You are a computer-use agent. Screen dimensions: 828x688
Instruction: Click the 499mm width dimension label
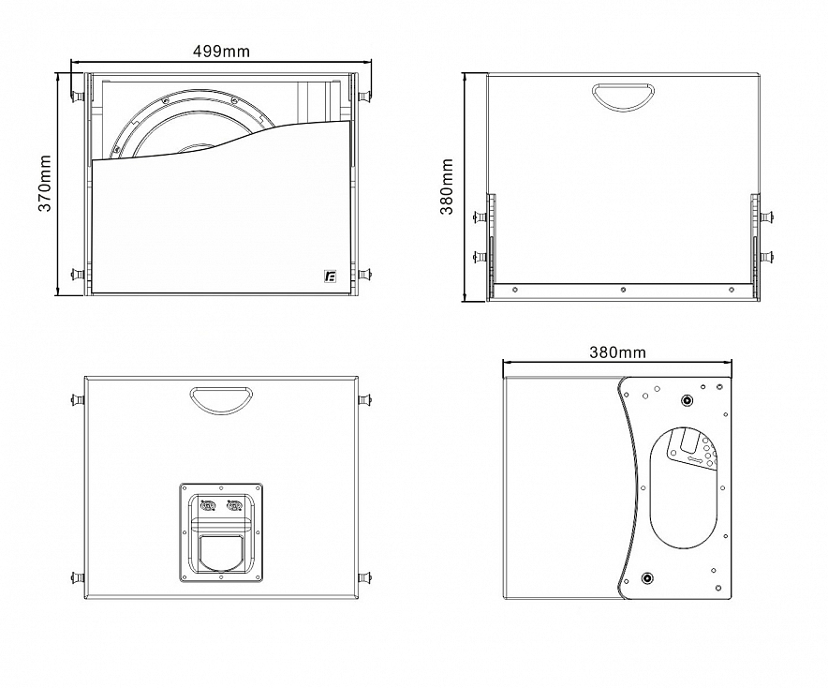pyautogui.click(x=221, y=52)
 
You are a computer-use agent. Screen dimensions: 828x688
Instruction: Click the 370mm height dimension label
pyautogui.click(x=45, y=184)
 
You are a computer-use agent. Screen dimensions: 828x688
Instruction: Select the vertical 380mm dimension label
pyautogui.click(x=447, y=186)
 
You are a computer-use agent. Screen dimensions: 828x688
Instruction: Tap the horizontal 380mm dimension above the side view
pyautogui.click(x=617, y=352)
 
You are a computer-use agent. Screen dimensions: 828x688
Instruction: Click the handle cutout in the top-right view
pyautogui.click(x=623, y=97)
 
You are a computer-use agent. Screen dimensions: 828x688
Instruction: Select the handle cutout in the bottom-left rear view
pyautogui.click(x=222, y=400)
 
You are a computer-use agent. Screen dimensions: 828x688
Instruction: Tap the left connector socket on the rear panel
pyautogui.click(x=208, y=507)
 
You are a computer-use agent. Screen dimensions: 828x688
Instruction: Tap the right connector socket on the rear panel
pyautogui.click(x=234, y=507)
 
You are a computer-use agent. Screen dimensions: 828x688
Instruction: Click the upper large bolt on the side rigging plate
pyautogui.click(x=687, y=400)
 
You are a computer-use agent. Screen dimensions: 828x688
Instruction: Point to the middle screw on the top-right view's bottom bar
pyautogui.click(x=623, y=290)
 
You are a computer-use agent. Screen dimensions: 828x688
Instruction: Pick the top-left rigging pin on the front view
pyautogui.click(x=78, y=97)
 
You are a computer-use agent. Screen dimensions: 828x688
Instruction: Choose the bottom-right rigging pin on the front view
pyautogui.click(x=364, y=275)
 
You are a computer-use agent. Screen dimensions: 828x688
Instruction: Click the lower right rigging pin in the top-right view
pyautogui.click(x=767, y=257)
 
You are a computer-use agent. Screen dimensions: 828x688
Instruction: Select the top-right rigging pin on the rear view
pyautogui.click(x=364, y=399)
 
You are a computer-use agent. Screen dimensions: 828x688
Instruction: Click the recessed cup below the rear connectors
pyautogui.click(x=221, y=552)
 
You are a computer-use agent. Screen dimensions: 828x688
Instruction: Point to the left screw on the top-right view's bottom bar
pyautogui.click(x=515, y=290)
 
